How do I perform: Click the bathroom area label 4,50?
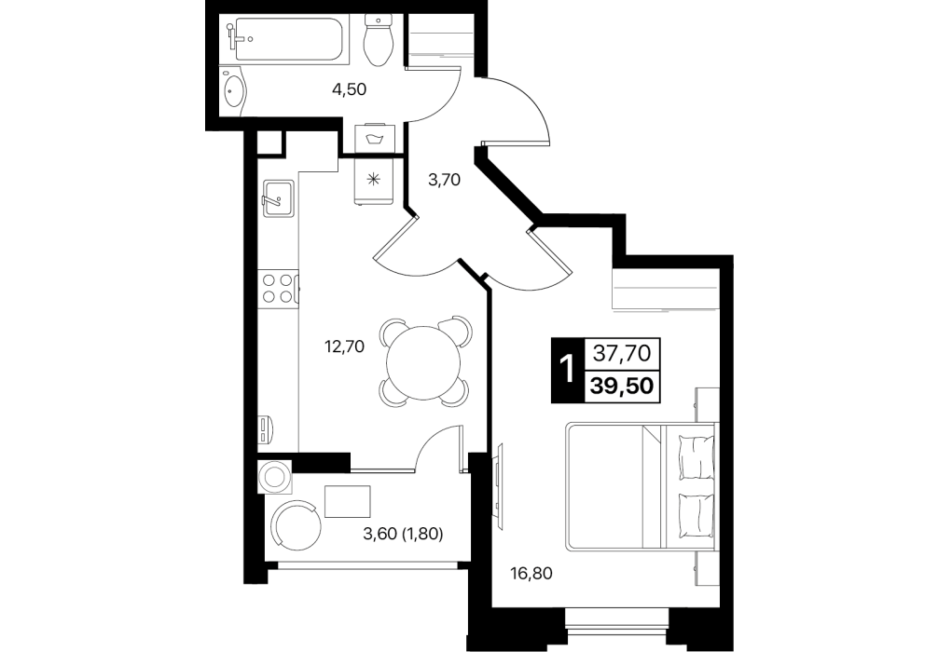pyautogui.click(x=350, y=89)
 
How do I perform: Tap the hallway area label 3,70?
pyautogui.click(x=444, y=179)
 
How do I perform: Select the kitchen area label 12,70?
pyautogui.click(x=344, y=346)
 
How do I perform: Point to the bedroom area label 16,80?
pyautogui.click(x=531, y=575)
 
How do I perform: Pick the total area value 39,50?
pyautogui.click(x=622, y=387)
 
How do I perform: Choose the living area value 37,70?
pyautogui.click(x=622, y=354)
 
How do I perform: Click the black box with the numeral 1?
pyautogui.click(x=564, y=370)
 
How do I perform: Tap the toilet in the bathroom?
pyautogui.click(x=378, y=41)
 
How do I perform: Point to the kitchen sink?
pyautogui.click(x=277, y=198)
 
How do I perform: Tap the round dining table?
pyautogui.click(x=423, y=363)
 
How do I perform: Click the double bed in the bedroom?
pyautogui.click(x=641, y=486)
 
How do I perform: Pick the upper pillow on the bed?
pyautogui.click(x=697, y=456)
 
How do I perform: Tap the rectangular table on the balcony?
pyautogui.click(x=348, y=501)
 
